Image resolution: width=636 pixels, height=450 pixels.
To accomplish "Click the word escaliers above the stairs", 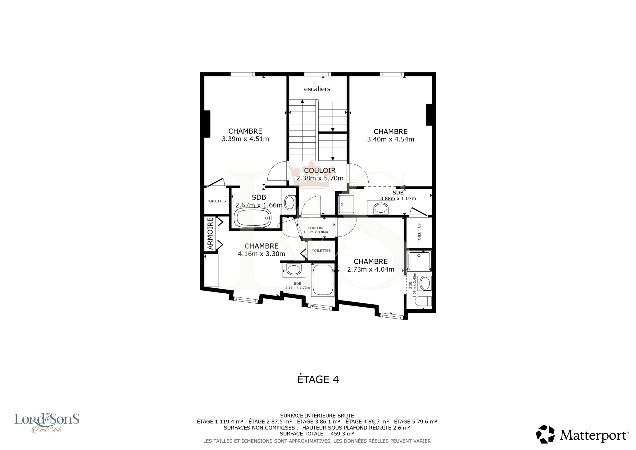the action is [x=317, y=89].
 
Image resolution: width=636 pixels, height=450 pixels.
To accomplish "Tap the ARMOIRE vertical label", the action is [x=210, y=233].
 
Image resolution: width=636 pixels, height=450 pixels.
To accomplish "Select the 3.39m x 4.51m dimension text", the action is [x=245, y=139].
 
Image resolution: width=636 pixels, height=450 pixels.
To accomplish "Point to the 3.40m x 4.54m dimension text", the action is [x=391, y=139].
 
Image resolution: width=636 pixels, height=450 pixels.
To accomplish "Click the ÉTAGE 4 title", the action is [x=318, y=379].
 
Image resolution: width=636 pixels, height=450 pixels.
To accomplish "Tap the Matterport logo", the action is [x=582, y=434].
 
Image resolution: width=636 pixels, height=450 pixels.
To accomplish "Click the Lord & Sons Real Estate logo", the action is [x=47, y=423].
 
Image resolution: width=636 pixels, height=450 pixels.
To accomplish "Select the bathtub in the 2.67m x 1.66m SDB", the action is [x=252, y=218].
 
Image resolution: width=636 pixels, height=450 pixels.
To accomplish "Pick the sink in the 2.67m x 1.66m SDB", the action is [x=290, y=203].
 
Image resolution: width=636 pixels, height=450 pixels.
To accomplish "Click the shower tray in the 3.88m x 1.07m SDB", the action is [x=346, y=204].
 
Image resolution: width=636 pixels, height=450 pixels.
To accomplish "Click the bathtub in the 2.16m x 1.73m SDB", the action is [x=323, y=279].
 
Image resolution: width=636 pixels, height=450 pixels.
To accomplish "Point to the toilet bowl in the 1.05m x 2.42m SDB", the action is [x=424, y=301].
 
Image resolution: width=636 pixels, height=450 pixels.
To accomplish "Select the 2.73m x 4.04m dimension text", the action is [x=371, y=269].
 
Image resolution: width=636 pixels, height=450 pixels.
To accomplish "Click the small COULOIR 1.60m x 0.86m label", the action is [x=316, y=230].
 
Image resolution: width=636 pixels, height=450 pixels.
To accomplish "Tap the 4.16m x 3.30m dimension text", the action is [x=261, y=254].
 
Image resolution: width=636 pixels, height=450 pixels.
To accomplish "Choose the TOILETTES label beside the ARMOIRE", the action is [x=216, y=201].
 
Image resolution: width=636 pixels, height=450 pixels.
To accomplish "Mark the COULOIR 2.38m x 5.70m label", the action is [x=320, y=174].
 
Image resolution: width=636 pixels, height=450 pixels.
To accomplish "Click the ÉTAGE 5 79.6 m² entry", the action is [x=416, y=422].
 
